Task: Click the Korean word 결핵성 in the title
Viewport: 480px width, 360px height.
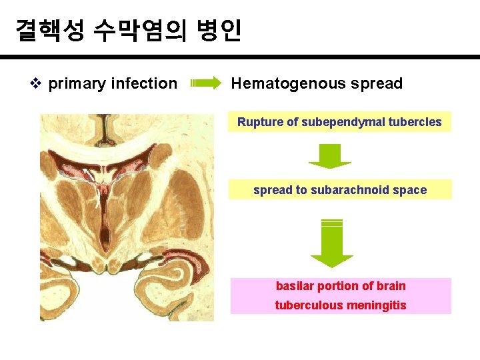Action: point(49,30)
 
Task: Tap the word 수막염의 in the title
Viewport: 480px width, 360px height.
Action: point(137,30)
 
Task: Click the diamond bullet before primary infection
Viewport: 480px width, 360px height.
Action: point(37,83)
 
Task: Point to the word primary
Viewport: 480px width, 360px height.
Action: point(76,83)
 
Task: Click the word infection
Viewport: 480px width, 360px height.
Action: point(144,83)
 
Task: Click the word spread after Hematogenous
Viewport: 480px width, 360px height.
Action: point(375,84)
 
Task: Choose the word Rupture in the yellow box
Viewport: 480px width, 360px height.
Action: point(259,122)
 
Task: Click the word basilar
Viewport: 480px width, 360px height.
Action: point(294,286)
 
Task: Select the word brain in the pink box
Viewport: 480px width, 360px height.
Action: point(391,286)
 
